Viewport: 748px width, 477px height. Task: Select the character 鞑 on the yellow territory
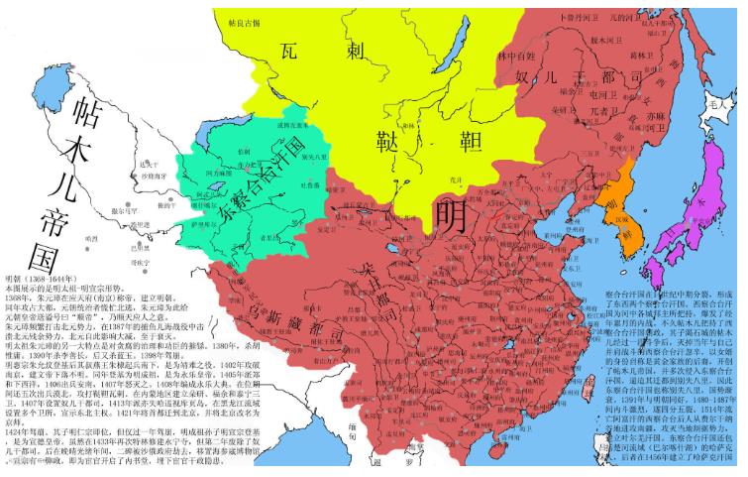[388, 141]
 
